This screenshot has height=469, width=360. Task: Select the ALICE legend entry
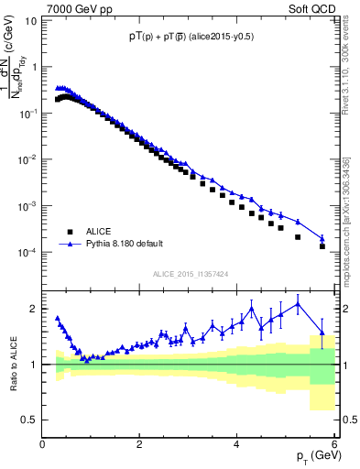point(93,232)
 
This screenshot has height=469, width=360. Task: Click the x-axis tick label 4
point(237,445)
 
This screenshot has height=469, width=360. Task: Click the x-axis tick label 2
point(140,445)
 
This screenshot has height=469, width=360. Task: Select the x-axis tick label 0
point(43,445)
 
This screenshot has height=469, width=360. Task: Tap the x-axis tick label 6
point(334,445)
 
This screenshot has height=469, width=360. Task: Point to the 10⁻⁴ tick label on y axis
point(27,252)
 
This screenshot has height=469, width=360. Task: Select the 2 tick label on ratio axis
point(34,309)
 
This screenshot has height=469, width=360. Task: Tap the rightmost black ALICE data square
point(322,246)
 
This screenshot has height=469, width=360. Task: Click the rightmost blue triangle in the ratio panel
point(322,333)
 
